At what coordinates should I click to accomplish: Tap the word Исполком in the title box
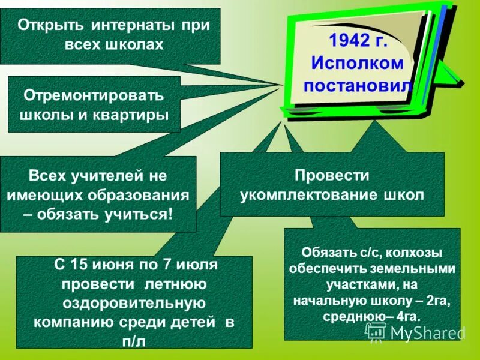[x=357, y=64]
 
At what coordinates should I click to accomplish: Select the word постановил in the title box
[x=358, y=85]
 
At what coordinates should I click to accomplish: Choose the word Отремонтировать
[x=94, y=96]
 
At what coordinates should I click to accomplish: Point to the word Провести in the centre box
[x=332, y=175]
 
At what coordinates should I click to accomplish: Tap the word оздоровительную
[x=134, y=302]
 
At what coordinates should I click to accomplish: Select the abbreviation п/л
[x=134, y=341]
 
